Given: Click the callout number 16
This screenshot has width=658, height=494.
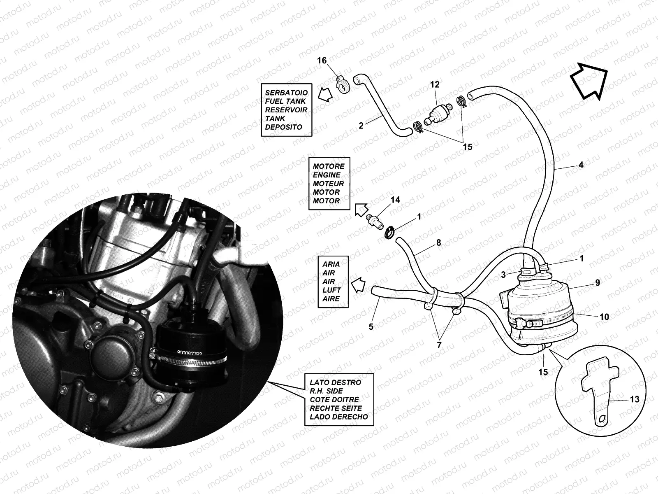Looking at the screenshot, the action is point(322,60).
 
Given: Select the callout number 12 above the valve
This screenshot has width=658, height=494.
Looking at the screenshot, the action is point(435,84).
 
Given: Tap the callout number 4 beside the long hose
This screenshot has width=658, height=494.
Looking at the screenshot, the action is point(581,165).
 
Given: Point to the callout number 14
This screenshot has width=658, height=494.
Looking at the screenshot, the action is point(395,200).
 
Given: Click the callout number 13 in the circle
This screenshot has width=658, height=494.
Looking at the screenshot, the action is point(634,399).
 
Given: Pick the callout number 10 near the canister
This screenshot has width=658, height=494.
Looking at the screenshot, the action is point(604,317).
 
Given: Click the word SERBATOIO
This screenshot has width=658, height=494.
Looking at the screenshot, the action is point(286,93).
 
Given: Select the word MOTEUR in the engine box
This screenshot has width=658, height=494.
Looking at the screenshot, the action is point(328,184).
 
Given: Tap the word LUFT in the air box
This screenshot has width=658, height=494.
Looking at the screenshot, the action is point(331,290).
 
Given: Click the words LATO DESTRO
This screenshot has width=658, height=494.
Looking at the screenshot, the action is point(336,382).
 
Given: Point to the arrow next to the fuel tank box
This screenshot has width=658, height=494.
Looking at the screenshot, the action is point(325,95).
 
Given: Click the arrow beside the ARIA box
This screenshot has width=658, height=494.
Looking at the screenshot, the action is point(358,284).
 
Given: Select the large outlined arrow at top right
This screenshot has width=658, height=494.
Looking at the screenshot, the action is point(588,82).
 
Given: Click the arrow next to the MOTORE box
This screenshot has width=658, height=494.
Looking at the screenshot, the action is point(361,210).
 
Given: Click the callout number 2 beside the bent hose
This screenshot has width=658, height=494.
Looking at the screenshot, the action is point(361,126).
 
